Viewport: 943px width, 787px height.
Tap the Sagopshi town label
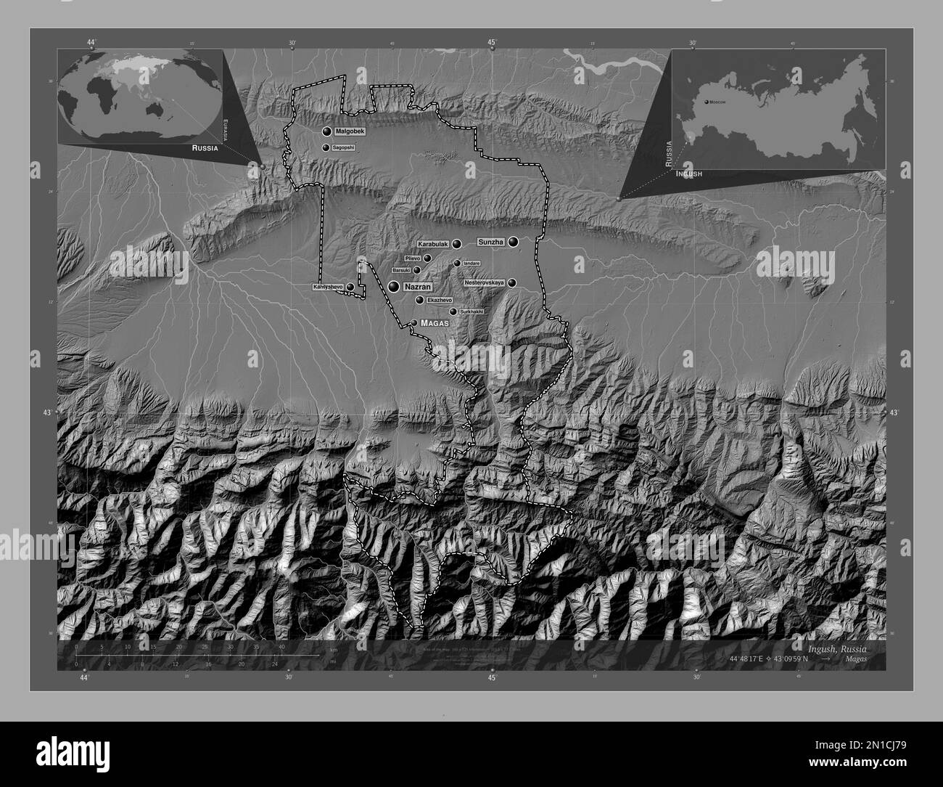coord(343,148)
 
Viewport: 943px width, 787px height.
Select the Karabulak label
coord(434,245)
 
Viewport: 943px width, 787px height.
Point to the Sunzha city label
coord(490,242)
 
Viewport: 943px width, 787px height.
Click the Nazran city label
coord(417,288)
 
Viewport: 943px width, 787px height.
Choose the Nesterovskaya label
coord(484,282)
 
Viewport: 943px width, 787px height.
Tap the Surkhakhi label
coord(471,311)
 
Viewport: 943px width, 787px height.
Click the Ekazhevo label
coord(440,300)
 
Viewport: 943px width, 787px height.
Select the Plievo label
coord(413,258)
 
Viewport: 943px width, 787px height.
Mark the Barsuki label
coord(401,270)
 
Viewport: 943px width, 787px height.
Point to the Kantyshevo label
coord(328,288)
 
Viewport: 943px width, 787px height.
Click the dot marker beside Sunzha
coord(514,242)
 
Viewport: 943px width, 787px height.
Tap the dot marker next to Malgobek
coord(326,131)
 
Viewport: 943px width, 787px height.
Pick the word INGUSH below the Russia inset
coord(688,175)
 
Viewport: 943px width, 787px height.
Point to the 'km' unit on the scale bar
coord(333,650)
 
